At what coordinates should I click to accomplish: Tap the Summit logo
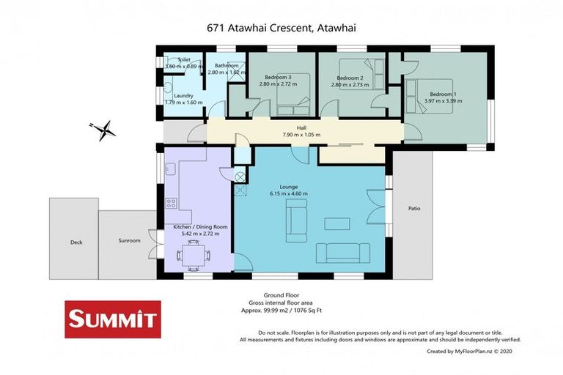112,319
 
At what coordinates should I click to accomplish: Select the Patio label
415,208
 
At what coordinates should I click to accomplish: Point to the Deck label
76,241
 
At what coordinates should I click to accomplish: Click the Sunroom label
129,240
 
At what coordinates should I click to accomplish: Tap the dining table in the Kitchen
192,254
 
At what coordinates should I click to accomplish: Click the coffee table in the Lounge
338,223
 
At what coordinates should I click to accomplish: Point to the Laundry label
183,95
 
